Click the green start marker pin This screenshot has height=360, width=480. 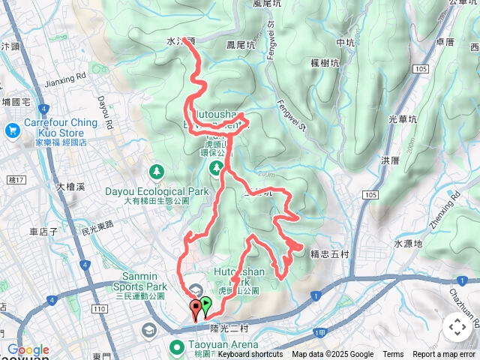[x=205, y=304]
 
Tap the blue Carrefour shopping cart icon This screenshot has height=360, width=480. [x=12, y=130]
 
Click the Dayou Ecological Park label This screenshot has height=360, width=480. [x=157, y=191]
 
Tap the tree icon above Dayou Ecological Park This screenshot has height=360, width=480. [x=157, y=172]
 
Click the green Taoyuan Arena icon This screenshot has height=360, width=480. [x=177, y=346]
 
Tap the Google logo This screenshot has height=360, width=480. [x=28, y=350]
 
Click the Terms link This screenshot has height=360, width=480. [x=392, y=355]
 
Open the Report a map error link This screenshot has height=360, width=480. [x=444, y=355]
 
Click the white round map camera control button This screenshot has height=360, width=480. [x=457, y=327]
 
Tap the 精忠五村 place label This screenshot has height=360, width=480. [x=328, y=253]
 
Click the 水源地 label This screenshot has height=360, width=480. [x=408, y=244]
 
